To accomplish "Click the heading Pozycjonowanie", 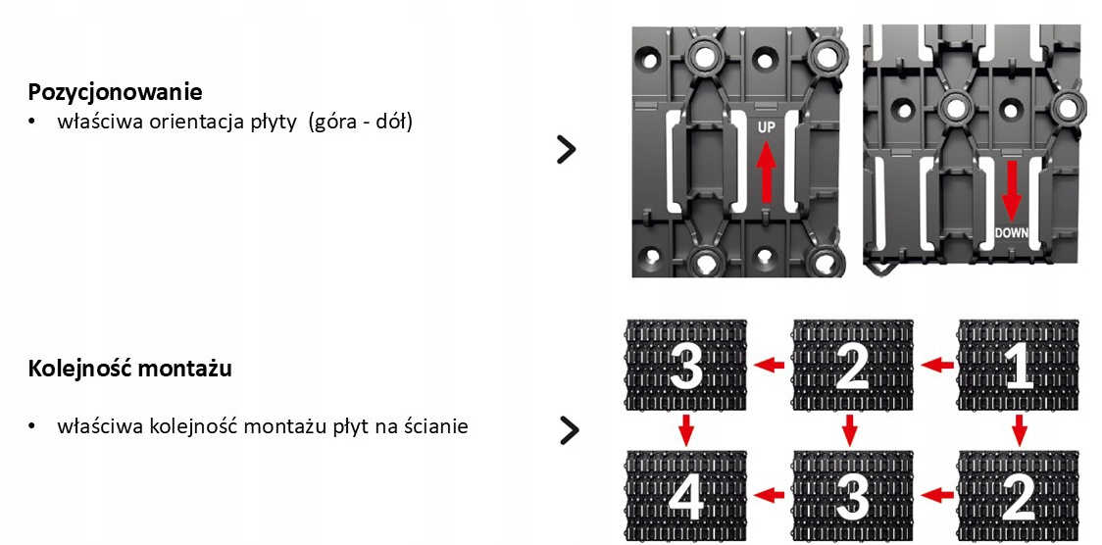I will click(x=116, y=92).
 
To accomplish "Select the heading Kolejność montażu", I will click(x=130, y=370).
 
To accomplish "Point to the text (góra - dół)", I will click(x=360, y=123).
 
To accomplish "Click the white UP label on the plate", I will click(x=767, y=127).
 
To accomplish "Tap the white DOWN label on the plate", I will click(x=1011, y=233).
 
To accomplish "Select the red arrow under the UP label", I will click(x=767, y=169).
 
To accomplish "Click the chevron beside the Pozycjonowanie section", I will click(x=566, y=149).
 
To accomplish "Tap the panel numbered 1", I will click(x=1018, y=367).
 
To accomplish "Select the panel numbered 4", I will click(x=686, y=497).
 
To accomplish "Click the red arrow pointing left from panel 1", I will click(x=939, y=366).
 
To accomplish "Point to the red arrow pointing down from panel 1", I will click(x=1019, y=428).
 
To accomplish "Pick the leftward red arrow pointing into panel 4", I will click(x=773, y=495).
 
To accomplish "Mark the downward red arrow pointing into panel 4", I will click(x=686, y=428).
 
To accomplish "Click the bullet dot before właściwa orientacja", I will click(x=32, y=124).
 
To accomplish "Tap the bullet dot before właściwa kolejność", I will click(x=32, y=427).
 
